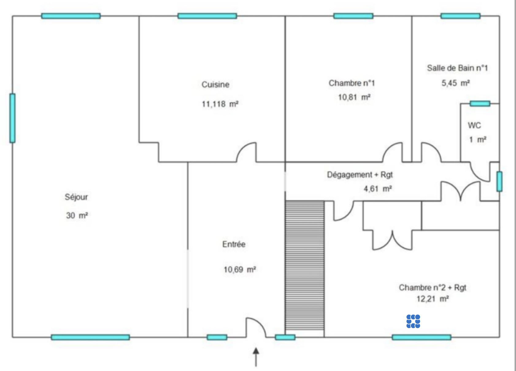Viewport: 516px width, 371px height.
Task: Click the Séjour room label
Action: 76,197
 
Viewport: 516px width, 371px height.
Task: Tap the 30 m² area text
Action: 77,216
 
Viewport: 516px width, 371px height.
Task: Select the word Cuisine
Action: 215,85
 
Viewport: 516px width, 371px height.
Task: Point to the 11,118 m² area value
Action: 220,104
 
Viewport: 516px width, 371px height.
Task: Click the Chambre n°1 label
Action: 352,83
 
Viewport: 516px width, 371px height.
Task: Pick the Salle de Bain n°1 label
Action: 457,68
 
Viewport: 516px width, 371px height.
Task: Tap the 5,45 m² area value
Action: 456,83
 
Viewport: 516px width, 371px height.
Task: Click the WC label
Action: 475,125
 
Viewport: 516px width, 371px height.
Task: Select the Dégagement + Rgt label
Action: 360,175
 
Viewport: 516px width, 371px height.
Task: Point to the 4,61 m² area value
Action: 378,189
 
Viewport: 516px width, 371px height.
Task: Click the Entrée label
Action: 234,244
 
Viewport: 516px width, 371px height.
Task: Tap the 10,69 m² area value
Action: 240,270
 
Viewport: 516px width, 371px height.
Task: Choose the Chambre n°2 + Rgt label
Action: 433,288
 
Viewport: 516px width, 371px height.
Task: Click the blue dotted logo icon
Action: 413,321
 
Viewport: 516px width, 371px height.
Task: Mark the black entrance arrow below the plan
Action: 256,357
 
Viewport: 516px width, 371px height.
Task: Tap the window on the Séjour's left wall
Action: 13,118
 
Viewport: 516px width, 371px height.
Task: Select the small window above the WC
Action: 480,103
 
